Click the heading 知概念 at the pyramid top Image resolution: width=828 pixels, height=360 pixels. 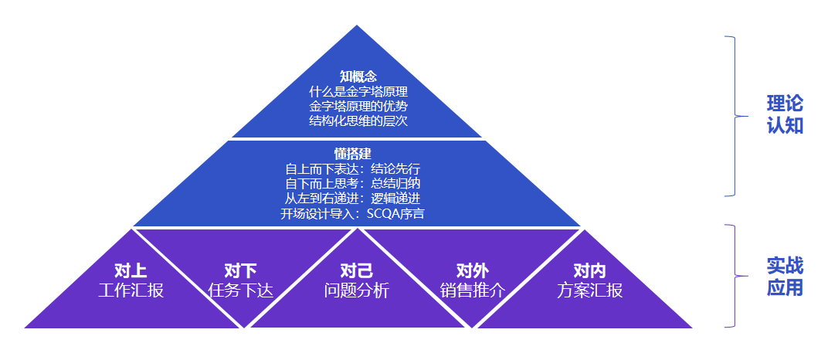358,76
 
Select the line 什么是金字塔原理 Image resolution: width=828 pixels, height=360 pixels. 358,91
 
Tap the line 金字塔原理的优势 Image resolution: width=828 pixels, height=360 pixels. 358,106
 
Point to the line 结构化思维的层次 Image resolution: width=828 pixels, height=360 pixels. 358,121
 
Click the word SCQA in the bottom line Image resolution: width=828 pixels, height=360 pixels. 382,214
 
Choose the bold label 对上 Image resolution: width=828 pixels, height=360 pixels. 131,270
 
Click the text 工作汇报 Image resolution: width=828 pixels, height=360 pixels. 131,290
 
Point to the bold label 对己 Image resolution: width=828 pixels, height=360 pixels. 356,270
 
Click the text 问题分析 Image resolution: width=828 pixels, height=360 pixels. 356,290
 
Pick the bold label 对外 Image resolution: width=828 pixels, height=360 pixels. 472,270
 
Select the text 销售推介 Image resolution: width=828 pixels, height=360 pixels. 472,290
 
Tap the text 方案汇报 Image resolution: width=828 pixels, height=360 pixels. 589,290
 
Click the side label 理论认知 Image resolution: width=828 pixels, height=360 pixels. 785,114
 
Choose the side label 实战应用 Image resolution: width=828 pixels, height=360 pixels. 785,277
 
